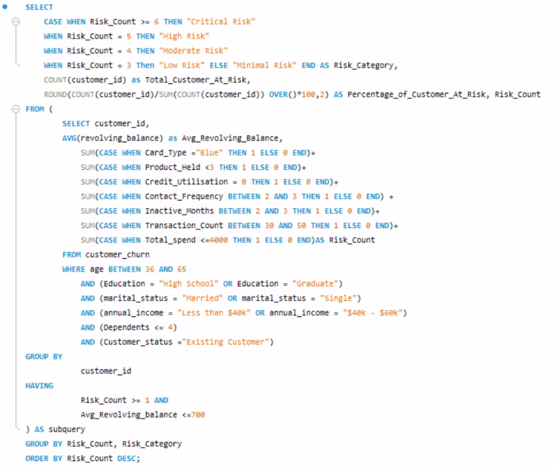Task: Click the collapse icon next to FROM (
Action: pyautogui.click(x=16, y=109)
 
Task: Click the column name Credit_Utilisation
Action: pyautogui.click(x=186, y=182)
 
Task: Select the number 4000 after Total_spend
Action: pyautogui.click(x=219, y=240)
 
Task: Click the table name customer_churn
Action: pyautogui.click(x=117, y=255)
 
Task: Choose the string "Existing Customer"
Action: pyautogui.click(x=228, y=342)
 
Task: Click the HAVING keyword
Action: pyautogui.click(x=39, y=385)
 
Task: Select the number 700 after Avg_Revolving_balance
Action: pyautogui.click(x=198, y=415)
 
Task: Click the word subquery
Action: pyautogui.click(x=67, y=430)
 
